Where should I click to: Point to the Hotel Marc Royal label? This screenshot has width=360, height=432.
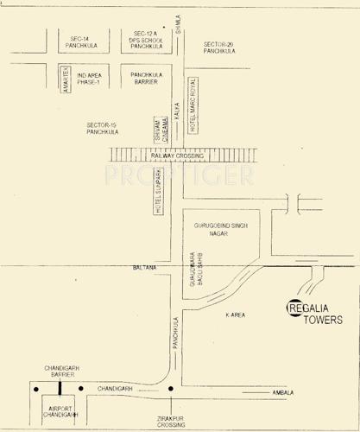193,112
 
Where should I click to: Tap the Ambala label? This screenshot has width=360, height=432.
282,392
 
